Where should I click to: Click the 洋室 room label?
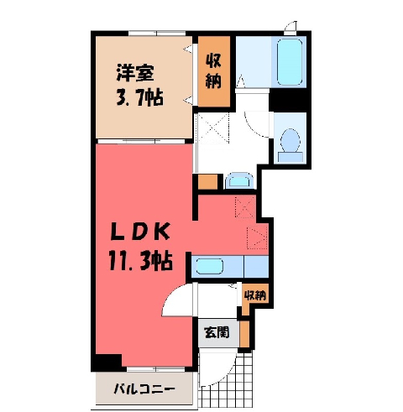tap(135, 73)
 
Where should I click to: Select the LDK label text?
tap(140, 232)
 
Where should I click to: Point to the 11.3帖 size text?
tap(140, 261)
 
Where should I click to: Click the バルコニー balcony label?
tap(144, 389)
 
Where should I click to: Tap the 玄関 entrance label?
tap(217, 332)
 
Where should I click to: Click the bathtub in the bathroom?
tap(290, 61)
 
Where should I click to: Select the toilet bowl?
tap(290, 140)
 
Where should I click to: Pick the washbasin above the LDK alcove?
tap(239, 181)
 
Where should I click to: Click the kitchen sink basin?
tap(210, 266)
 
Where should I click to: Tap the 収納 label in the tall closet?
tap(213, 70)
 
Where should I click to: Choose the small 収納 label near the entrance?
tap(255, 295)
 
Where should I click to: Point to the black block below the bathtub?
tap(287, 100)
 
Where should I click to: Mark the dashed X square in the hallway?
tap(212, 128)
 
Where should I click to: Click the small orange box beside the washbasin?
tap(208, 182)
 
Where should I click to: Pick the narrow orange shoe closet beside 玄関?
tap(244, 334)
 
